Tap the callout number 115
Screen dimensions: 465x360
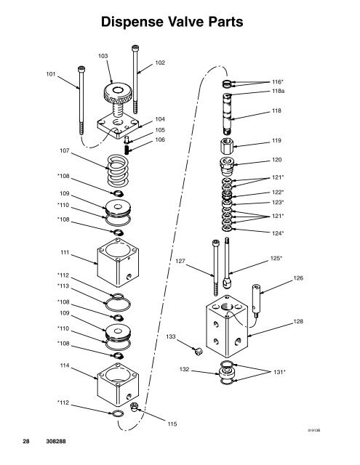pos(172,424)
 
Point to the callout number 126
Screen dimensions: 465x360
pos(297,277)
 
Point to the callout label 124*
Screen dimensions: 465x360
pos(277,233)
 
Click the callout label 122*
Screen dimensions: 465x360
pos(277,193)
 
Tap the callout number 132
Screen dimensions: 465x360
pos(185,369)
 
